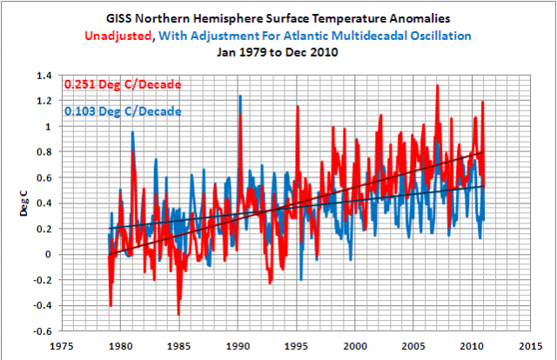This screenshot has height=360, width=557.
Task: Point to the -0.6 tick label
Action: coord(43,330)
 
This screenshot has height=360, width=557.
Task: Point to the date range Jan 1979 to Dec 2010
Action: coord(278,52)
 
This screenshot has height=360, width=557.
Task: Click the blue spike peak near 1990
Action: coord(240,96)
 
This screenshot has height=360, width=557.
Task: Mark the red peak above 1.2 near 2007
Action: coord(437,85)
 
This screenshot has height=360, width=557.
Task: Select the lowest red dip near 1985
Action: coord(178,315)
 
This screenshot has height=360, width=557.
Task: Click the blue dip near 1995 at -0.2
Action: coord(300,279)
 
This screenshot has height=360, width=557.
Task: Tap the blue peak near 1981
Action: coord(132,132)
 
